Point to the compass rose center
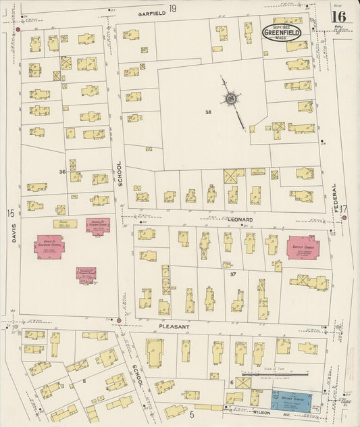click(x=230, y=99)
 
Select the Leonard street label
click(x=239, y=220)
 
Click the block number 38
click(x=209, y=112)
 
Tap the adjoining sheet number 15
click(x=10, y=214)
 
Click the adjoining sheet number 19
click(x=173, y=8)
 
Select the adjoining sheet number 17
click(x=343, y=209)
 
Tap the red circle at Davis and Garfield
click(x=18, y=30)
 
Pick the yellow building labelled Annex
click(x=65, y=223)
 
